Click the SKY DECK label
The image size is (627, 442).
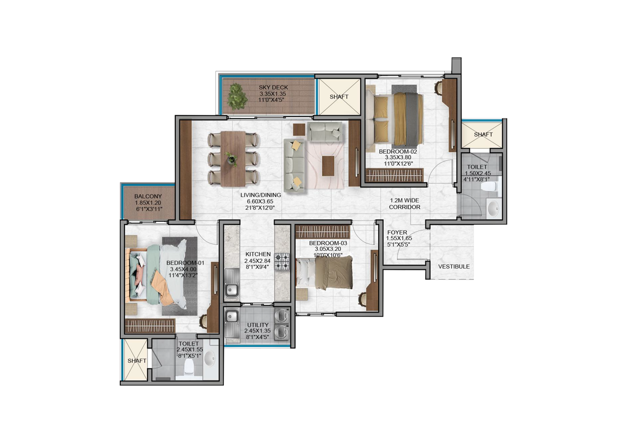[x=273, y=87]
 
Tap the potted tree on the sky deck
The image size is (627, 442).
[x=237, y=96]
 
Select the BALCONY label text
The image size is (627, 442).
[x=148, y=197]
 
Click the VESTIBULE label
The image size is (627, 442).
[x=454, y=267]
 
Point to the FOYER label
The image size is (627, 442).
[x=397, y=232]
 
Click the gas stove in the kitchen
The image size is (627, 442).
[x=282, y=261]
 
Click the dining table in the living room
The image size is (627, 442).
[x=233, y=159]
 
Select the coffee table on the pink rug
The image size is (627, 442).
[x=328, y=166]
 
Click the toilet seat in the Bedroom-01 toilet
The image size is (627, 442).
[x=189, y=368]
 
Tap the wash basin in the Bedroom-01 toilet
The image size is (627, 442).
[x=210, y=359]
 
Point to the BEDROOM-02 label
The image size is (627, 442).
[x=398, y=152]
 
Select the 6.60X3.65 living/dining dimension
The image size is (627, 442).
[x=260, y=201]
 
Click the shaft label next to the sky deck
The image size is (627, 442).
[x=339, y=97]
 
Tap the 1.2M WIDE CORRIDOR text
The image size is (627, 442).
[x=405, y=204]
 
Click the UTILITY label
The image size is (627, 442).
[x=258, y=325]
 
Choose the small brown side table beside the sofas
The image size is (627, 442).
[x=299, y=130]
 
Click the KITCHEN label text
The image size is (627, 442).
[x=258, y=255]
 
